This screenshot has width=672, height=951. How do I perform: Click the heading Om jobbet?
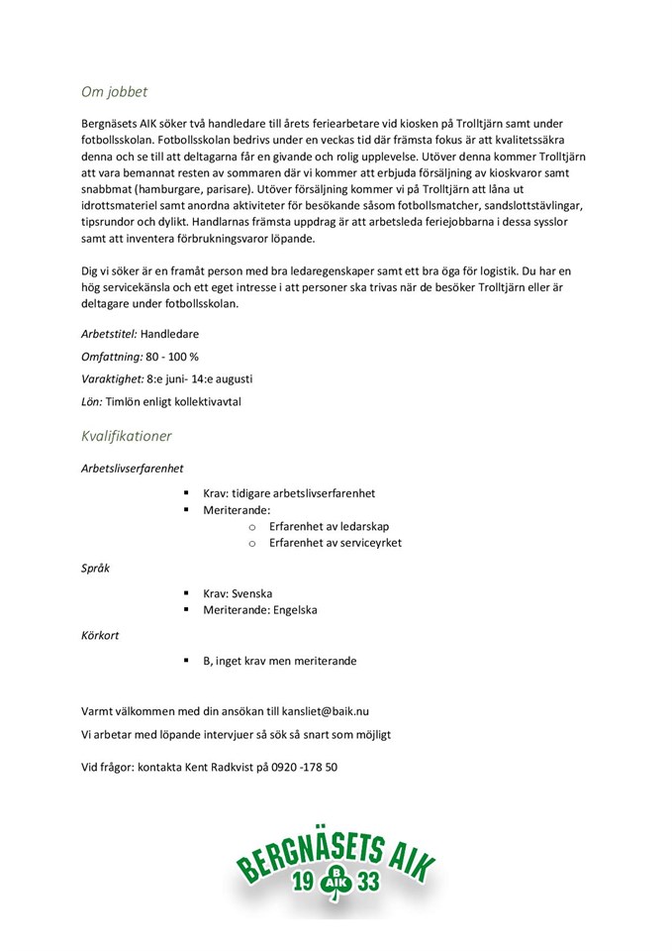pos(114,92)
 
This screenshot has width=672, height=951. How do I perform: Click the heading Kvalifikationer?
pos(126,436)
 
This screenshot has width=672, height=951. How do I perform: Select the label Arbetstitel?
pos(109,334)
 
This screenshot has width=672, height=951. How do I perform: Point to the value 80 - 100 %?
pos(172,357)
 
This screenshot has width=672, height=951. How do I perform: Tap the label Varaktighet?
pos(112,379)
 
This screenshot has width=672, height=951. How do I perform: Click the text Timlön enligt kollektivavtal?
pos(173,402)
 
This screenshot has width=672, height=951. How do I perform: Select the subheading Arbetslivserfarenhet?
pos(132,468)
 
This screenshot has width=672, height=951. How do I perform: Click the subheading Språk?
pos(95,569)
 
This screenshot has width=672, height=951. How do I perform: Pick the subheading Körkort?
pos(100,636)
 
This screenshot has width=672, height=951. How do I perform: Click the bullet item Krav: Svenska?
pos(238,593)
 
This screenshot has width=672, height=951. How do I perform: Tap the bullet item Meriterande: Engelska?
pos(260,610)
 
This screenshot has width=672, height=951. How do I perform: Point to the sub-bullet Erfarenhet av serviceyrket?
pos(336,543)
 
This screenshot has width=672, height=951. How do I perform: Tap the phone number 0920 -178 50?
pos(298,767)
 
